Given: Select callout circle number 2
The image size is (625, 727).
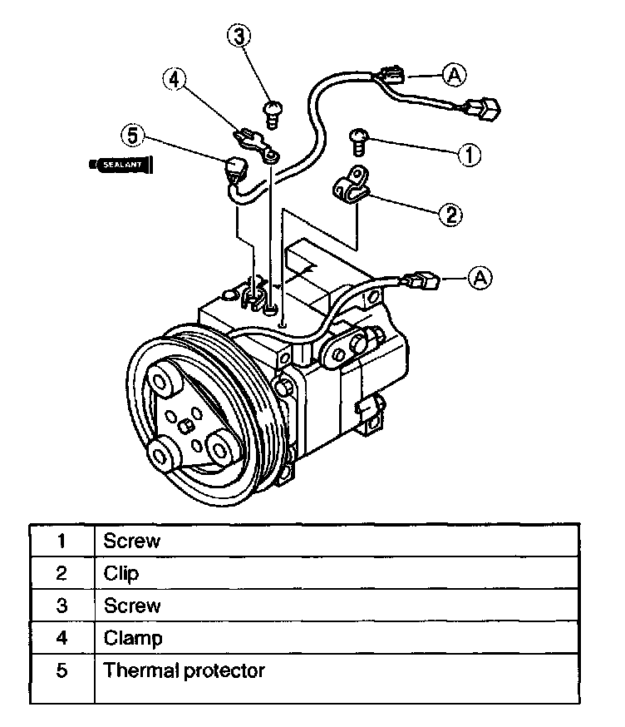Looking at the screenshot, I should point(450,215).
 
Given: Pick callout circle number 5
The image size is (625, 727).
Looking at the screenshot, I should point(131,134).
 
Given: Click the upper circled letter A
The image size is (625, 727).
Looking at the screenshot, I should point(454,74).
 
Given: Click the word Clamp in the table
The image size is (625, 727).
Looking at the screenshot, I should point(133,638).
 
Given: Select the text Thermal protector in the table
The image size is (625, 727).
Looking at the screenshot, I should point(185,670).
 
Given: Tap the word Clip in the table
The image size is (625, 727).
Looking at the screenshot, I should point(121,573).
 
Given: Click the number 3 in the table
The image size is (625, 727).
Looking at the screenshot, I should point(61,605).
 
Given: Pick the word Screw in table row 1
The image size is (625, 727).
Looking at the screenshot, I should point(131,541).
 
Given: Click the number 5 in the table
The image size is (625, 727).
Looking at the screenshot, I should point(61,670).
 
